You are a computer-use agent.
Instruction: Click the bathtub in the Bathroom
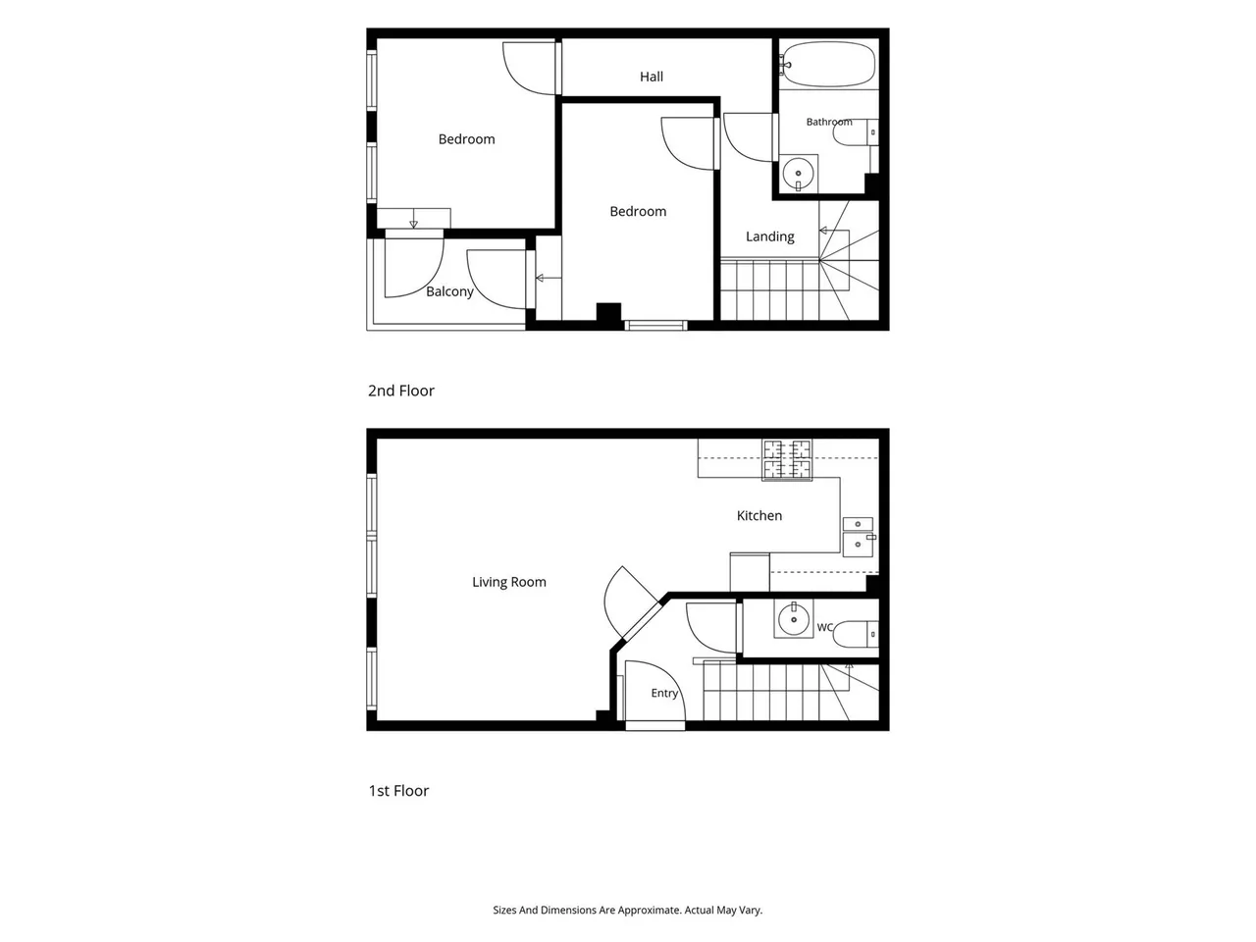click(x=828, y=64)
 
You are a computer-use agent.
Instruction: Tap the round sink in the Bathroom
click(x=798, y=172)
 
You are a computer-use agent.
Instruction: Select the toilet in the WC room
click(x=856, y=634)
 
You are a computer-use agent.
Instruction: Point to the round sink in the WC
click(x=794, y=618)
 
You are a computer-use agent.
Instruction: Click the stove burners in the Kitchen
click(x=787, y=459)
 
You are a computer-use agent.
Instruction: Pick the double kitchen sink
click(x=859, y=537)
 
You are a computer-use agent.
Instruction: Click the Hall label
click(x=652, y=77)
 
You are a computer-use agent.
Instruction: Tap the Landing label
click(x=769, y=236)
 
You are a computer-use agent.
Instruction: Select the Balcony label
click(x=449, y=291)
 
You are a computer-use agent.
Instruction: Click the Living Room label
click(x=508, y=582)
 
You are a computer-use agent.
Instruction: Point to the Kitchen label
click(x=759, y=515)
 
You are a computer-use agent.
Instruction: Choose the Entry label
click(x=664, y=693)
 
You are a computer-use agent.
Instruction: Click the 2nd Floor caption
click(x=400, y=391)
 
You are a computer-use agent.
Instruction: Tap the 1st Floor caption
click(x=398, y=791)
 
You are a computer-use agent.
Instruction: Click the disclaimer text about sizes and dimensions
click(x=628, y=910)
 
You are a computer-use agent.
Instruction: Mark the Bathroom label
click(x=828, y=122)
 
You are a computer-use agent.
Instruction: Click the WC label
click(x=824, y=627)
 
